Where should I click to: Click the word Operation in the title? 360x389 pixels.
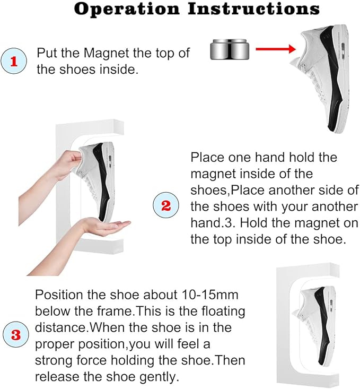pos(127,10)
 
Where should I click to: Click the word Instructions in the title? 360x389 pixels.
pos(253,8)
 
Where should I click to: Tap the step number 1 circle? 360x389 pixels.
pos(14,61)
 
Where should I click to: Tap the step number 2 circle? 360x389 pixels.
pos(166,205)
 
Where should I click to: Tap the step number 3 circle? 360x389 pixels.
pos(15,334)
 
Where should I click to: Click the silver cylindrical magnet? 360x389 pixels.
pos(230,49)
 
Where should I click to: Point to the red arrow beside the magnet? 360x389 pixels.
pos(276,49)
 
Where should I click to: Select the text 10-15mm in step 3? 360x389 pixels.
pos(210,295)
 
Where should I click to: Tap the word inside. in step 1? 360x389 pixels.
pos(119,70)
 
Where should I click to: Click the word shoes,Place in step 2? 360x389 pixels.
pos(227,191)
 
